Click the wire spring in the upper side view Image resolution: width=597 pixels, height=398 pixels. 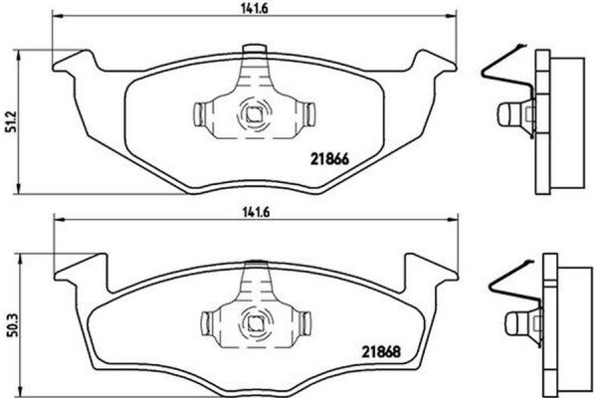pyautogui.click(x=502, y=70)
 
